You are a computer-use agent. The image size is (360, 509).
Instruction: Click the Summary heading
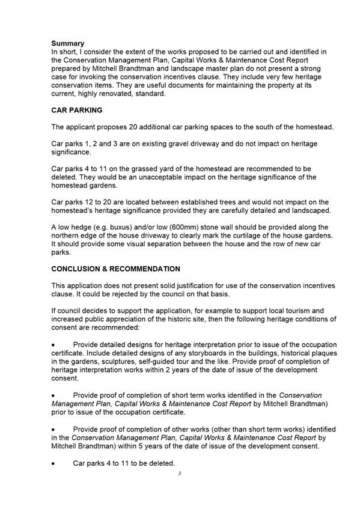pos(67,43)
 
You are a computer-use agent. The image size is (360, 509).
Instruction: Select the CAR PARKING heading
pos(76,111)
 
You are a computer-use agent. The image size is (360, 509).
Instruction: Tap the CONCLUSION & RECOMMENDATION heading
pos(115,269)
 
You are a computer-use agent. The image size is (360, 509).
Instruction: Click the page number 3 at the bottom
pos(179,474)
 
